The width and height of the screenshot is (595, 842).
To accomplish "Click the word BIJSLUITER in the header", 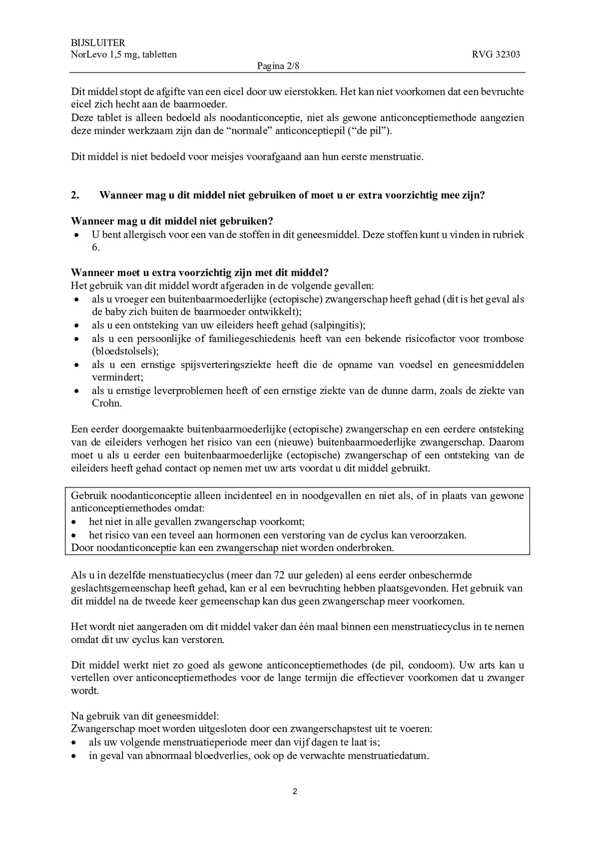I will (98, 43).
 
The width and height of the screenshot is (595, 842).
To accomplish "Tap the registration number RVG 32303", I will (496, 55).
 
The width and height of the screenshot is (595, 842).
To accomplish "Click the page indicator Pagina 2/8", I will (278, 66).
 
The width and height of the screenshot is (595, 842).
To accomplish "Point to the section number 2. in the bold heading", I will (75, 195).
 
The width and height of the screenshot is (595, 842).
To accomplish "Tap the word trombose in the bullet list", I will (503, 338).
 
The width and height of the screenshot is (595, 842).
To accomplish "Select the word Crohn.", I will (106, 403).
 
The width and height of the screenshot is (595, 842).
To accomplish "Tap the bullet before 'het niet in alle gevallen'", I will (73, 522).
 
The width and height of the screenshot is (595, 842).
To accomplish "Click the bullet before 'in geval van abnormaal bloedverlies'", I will (73, 756).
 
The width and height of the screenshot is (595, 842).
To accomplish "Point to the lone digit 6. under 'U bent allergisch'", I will (96, 247).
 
